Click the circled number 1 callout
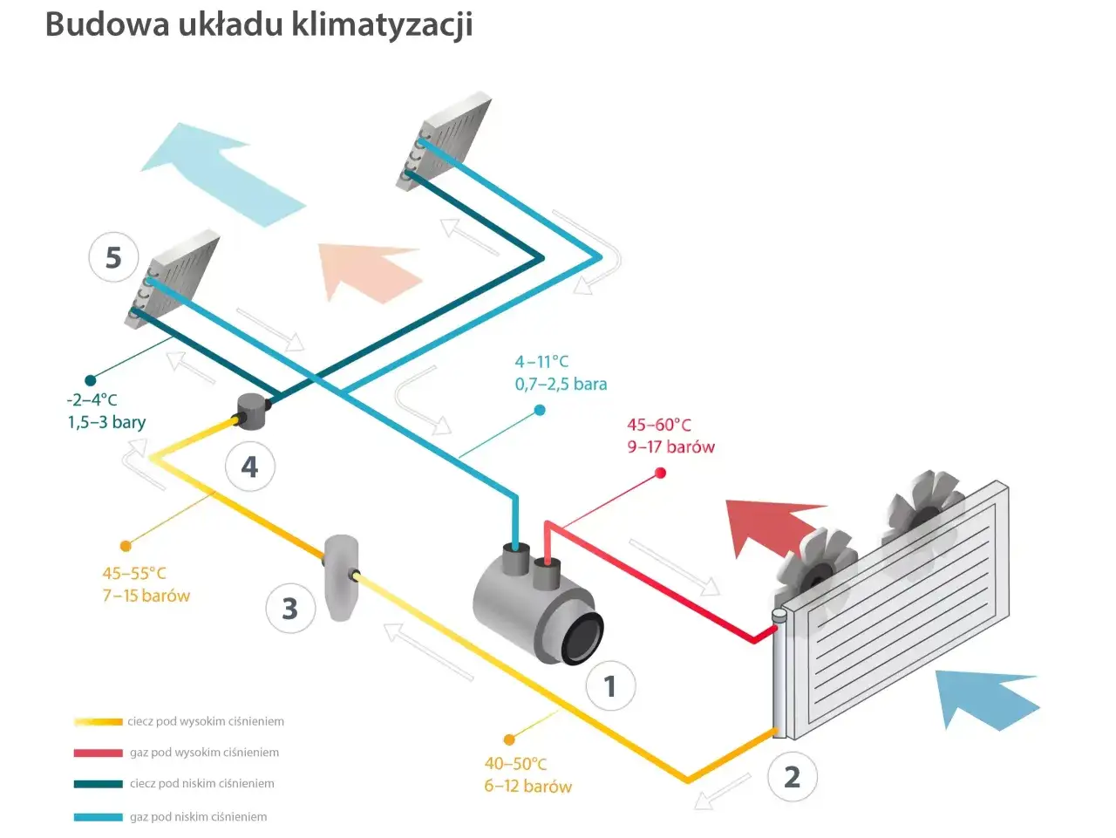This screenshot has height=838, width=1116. click(610, 686)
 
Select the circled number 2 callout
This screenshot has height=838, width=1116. click(792, 776)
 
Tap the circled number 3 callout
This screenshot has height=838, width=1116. click(289, 608)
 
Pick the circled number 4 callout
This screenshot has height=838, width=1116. click(249, 467)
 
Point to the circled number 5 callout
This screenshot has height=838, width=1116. click(113, 257)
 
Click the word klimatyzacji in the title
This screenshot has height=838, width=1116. click(382, 24)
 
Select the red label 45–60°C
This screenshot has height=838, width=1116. click(659, 425)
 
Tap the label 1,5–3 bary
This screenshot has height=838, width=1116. click(106, 422)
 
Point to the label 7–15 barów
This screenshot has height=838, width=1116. click(146, 596)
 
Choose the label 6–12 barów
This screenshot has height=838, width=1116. click(527, 786)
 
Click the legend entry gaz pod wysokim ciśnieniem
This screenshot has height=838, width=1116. click(204, 753)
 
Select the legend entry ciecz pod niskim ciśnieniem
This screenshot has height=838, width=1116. click(201, 783)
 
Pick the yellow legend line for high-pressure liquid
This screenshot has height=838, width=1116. click(98, 721)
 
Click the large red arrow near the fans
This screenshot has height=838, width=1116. click(767, 523)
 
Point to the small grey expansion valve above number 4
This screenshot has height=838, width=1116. click(253, 411)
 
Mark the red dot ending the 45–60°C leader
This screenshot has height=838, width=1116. click(660, 473)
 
